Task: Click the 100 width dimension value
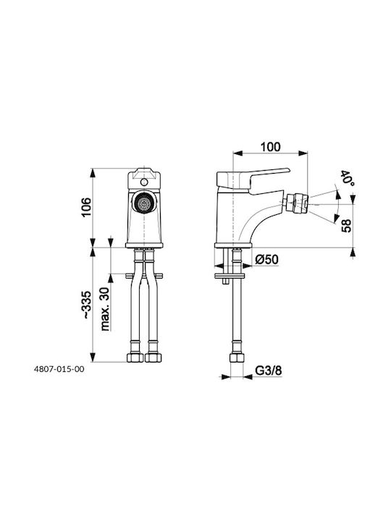pos(270,146)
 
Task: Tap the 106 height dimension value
pos(85,207)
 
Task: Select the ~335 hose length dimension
pos(86,305)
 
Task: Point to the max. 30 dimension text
pos(105,309)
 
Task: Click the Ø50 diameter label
pos(266,259)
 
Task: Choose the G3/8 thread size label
pos(269,370)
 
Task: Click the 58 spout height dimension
pos(346,226)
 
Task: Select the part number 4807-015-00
pos(59,369)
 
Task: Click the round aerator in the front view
pos(144,203)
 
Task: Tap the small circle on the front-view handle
pos(144,182)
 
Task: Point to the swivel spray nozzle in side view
pos(295,203)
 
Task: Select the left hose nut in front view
pos(135,357)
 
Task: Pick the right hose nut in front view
pos(154,357)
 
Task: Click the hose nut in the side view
pos(237,357)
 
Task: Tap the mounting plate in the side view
pos(230,276)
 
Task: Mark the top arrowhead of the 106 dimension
pos(93,173)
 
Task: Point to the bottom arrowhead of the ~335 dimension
pos(93,357)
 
